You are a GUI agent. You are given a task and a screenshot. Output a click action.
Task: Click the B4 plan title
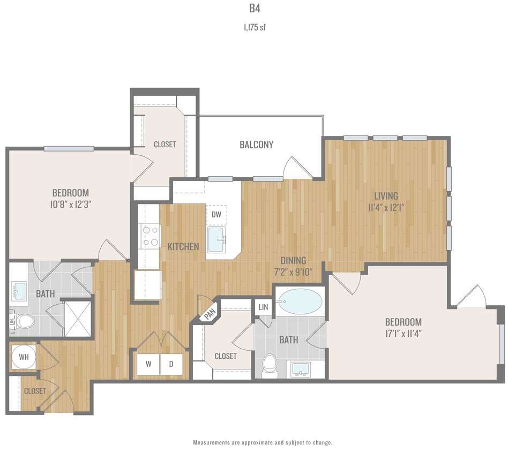[x=254, y=9]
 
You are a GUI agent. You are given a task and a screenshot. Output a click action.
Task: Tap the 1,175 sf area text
[x=254, y=27]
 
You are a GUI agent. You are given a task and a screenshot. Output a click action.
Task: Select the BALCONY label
[x=256, y=145]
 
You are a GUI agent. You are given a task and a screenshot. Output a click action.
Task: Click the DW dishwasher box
[x=216, y=215]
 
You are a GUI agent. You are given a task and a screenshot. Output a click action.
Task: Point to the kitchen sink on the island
[x=217, y=239]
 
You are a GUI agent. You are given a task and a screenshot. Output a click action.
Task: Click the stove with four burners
[x=150, y=236]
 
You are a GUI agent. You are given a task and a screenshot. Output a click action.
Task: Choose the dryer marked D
[x=171, y=364]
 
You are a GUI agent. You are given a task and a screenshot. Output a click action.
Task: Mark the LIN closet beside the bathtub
[x=263, y=307]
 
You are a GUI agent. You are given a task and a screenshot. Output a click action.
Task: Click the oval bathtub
[x=300, y=302]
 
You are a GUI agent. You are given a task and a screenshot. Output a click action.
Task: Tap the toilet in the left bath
[x=25, y=321]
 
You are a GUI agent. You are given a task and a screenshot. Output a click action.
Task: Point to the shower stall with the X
[x=77, y=318]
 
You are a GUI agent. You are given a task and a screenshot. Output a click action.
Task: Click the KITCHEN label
[x=183, y=247]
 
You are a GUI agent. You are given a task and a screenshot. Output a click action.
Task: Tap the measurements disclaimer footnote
[x=263, y=443]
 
